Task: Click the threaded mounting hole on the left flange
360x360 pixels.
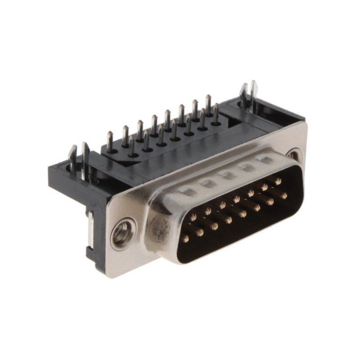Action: click(122, 234)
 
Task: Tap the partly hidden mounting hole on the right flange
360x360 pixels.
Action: click(293, 155)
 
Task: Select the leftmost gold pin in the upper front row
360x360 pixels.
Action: click(193, 217)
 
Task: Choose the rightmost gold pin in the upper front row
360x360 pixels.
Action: click(278, 181)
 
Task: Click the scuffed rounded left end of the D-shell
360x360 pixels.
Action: click(157, 229)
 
